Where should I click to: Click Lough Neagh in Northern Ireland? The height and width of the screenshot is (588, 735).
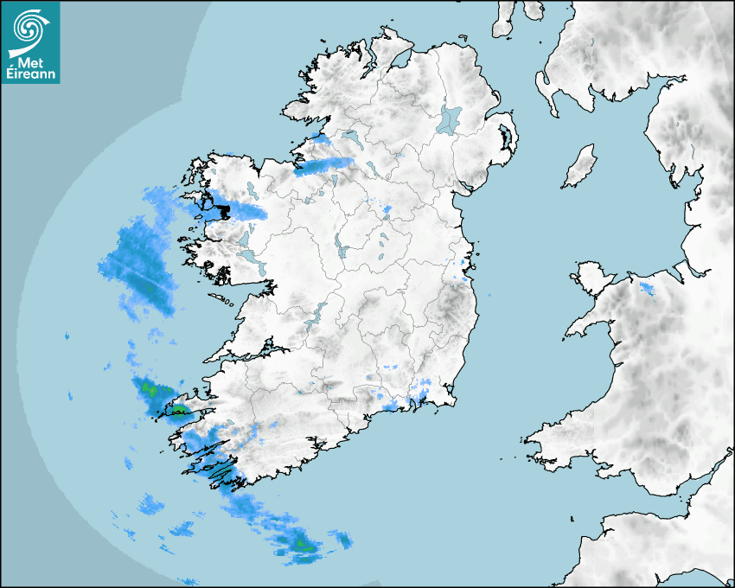click(x=451, y=119)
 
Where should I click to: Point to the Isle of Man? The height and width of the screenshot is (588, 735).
click(x=580, y=167)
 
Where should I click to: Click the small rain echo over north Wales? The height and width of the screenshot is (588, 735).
click(x=646, y=286)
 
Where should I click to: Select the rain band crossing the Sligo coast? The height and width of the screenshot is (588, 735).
click(x=324, y=164)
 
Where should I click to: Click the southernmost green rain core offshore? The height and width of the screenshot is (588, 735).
click(x=301, y=544)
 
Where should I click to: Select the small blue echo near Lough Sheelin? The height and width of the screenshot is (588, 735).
click(x=386, y=208)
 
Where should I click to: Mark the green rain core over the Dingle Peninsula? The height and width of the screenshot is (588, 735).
click(x=182, y=409)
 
